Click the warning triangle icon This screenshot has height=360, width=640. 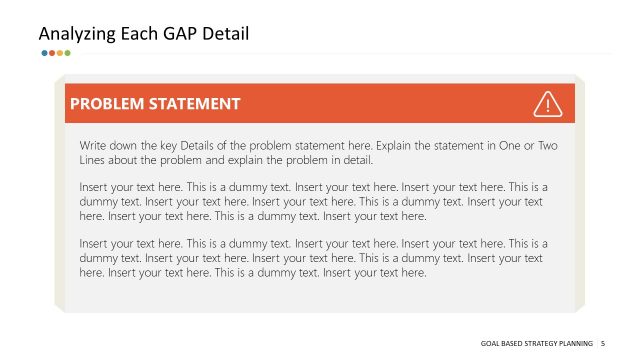(x=548, y=103)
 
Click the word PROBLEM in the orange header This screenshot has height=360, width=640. (x=110, y=103)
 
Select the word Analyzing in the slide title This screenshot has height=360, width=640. (x=76, y=34)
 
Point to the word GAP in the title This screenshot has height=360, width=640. (x=178, y=34)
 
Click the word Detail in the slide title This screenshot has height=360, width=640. (x=225, y=34)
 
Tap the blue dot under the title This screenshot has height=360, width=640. (x=45, y=53)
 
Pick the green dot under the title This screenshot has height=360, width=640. (x=66, y=53)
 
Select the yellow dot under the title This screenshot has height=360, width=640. (x=59, y=53)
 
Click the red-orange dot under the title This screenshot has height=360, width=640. (x=52, y=53)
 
